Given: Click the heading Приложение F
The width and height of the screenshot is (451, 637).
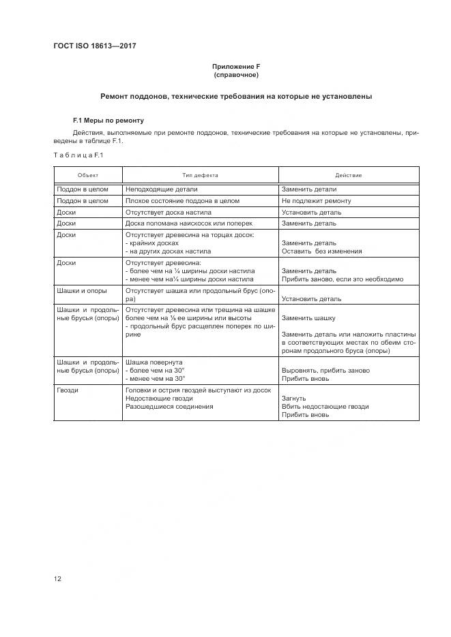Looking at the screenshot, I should (236, 66).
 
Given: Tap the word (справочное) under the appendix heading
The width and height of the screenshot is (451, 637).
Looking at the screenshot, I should (236, 75).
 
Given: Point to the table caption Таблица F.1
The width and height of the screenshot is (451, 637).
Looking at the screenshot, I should (78, 155).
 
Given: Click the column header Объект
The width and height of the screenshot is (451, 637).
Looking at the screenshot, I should (88, 175).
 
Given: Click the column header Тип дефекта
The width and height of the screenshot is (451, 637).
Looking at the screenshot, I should (200, 175).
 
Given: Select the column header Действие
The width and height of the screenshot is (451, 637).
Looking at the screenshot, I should (348, 175).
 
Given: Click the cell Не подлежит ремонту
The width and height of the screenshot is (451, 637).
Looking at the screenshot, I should (316, 201).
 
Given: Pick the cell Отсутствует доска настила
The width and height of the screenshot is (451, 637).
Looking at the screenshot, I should (169, 213).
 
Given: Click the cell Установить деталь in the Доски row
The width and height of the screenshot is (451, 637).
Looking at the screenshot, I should (311, 213).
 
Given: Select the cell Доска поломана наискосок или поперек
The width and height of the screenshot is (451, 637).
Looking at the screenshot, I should (189, 223).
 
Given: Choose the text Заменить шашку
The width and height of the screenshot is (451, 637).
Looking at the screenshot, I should (310, 317).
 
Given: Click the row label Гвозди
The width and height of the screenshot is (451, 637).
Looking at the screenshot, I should (68, 390).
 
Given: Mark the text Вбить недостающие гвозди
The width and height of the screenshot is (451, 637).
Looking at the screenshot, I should (325, 407).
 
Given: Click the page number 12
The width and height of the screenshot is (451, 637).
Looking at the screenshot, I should (57, 579).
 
